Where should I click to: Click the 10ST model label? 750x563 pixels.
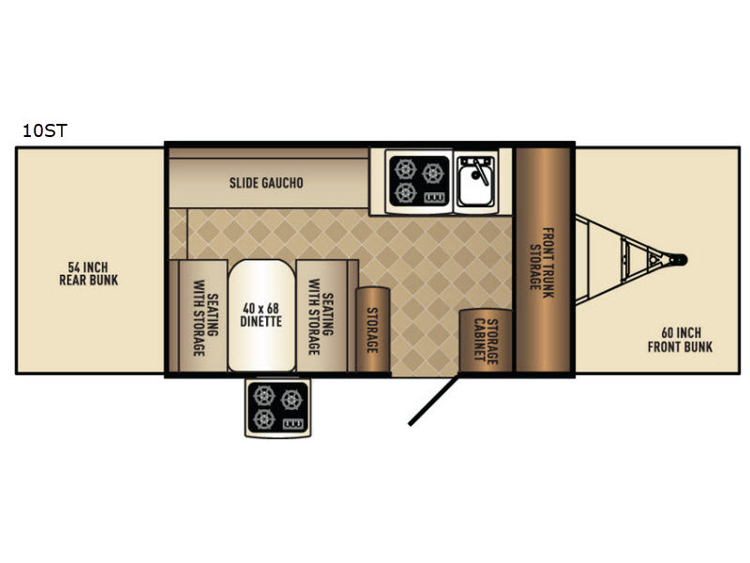pyautogui.click(x=45, y=130)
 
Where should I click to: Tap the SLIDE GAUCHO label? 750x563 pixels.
pyautogui.click(x=266, y=183)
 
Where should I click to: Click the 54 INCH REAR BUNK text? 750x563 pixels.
pyautogui.click(x=88, y=274)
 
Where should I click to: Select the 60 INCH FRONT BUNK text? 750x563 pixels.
pyautogui.click(x=680, y=340)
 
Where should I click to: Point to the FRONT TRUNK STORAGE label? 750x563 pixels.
pyautogui.click(x=542, y=263)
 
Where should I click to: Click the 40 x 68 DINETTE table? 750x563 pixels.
pyautogui.click(x=262, y=315)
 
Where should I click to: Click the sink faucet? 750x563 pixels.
pyautogui.click(x=479, y=173)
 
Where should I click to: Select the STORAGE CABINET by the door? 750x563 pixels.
pyautogui.click(x=486, y=341)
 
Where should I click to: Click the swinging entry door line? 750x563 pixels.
pyautogui.click(x=433, y=401)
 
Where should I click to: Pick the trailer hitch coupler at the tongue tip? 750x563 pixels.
pyautogui.click(x=679, y=260)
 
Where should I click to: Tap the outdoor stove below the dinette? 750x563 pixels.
pyautogui.click(x=277, y=408)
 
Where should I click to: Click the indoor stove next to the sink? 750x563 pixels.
pyautogui.click(x=419, y=181)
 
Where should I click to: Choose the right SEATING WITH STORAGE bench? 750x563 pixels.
pyautogui.click(x=322, y=316)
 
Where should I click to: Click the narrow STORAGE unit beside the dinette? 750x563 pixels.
pyautogui.click(x=372, y=329)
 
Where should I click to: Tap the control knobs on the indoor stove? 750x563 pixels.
pyautogui.click(x=434, y=197)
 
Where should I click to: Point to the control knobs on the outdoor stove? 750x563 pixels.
pyautogui.click(x=292, y=424)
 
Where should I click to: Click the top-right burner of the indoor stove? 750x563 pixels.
pyautogui.click(x=433, y=174)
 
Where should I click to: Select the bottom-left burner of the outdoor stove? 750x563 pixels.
pyautogui.click(x=263, y=419)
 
